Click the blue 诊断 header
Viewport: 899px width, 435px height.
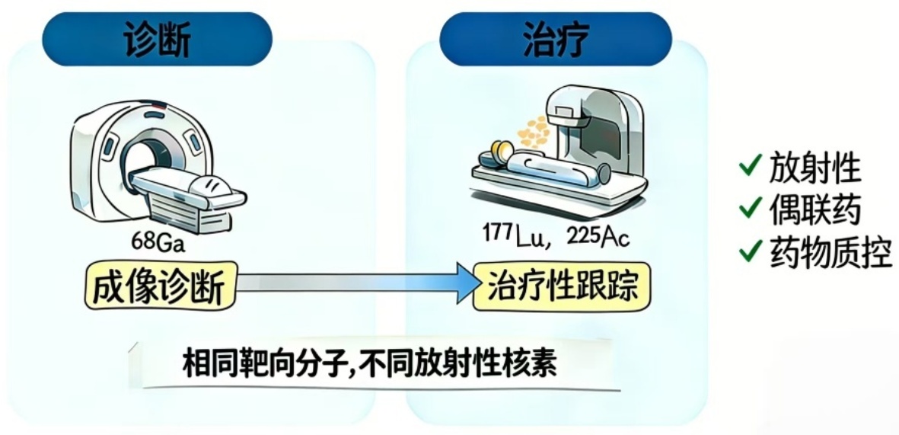point(156,40)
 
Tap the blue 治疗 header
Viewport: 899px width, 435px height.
point(556,40)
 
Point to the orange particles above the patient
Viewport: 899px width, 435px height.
point(532,132)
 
